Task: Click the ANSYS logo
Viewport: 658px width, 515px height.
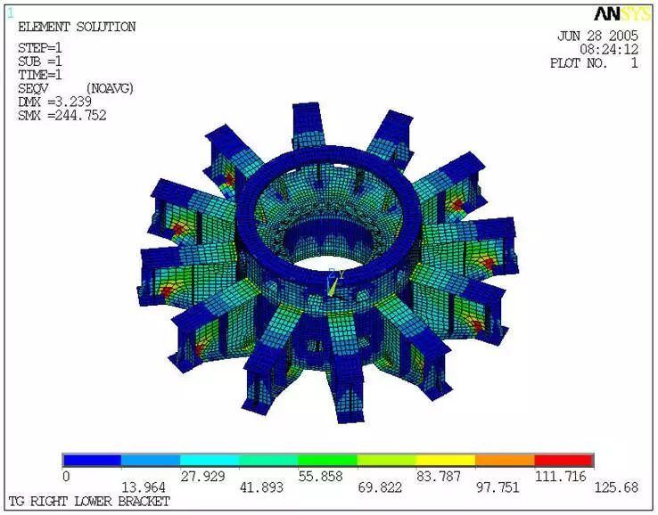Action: tap(622, 14)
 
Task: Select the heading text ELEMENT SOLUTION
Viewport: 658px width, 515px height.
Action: tap(77, 28)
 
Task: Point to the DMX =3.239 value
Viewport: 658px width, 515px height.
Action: tap(54, 102)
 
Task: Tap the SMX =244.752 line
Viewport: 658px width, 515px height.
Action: tap(62, 115)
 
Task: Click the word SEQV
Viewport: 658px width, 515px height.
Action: tap(33, 88)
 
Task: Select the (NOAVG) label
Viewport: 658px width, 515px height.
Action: tap(110, 88)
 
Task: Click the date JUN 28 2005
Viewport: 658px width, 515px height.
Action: tap(597, 36)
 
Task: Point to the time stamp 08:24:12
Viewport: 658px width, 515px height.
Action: tap(609, 50)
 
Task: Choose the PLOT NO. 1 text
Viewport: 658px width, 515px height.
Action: tap(594, 63)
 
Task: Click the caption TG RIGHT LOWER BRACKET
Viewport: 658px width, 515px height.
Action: tap(89, 501)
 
